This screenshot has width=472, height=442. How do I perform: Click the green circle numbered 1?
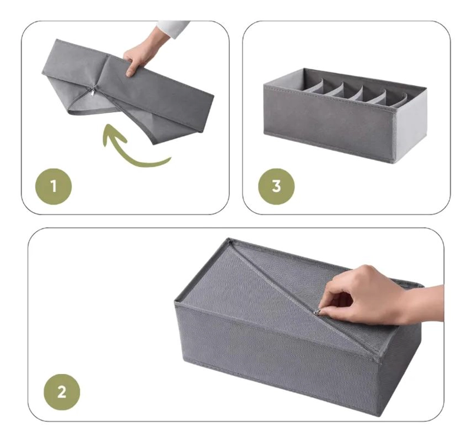pos(54,186)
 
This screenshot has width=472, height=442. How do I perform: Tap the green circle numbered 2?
pos(62,392)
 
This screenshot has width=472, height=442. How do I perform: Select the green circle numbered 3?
pos(276,186)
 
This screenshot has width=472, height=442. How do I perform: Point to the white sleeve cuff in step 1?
pos(173,28)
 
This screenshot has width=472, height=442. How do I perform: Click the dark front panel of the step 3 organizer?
pos(330,123)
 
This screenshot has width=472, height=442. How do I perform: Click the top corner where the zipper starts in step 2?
pos(230,240)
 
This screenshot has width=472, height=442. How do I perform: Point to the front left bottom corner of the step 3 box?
pos(265,134)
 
